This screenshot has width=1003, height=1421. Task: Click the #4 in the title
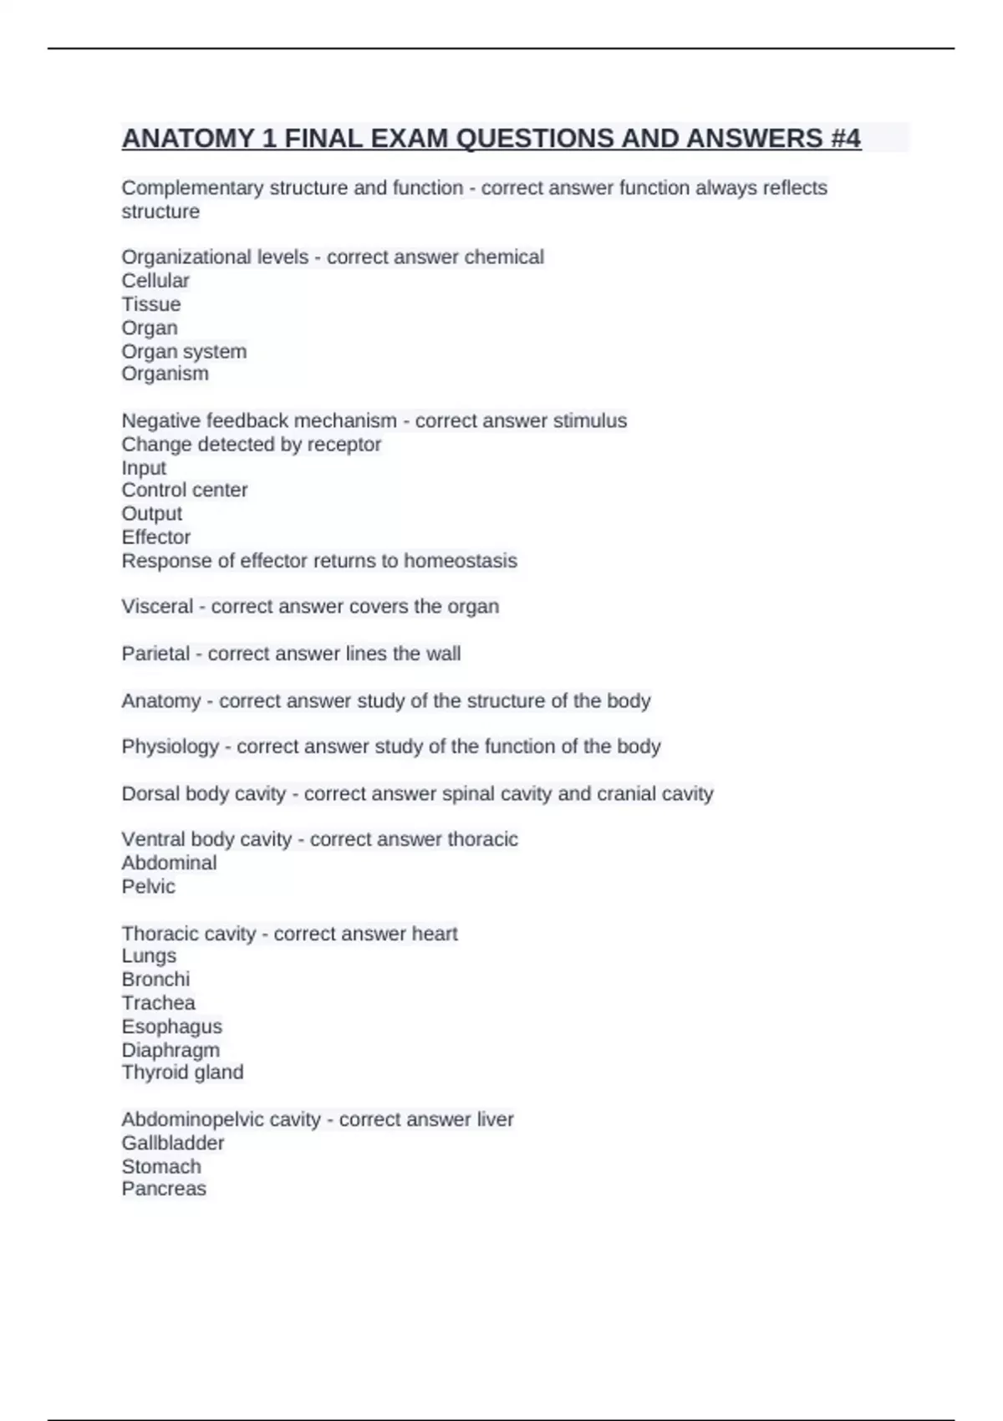pos(845,138)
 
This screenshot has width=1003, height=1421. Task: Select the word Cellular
pos(155,281)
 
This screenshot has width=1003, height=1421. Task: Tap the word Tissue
pos(151,304)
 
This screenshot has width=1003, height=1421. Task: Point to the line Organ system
pos(184,351)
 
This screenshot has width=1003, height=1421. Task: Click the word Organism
pos(165,374)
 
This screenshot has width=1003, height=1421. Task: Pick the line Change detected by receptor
pos(252,444)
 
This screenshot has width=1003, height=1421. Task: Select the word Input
pos(144,467)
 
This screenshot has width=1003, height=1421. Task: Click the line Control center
pos(185,490)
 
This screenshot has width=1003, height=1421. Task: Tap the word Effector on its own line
pos(156,537)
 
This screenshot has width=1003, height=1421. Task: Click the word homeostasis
pos(461,560)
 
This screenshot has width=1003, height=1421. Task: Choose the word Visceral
pos(157,606)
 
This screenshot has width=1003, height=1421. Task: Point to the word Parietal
pos(155,653)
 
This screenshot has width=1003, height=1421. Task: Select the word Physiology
pos(171,746)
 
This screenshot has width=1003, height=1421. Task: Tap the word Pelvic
pos(149,886)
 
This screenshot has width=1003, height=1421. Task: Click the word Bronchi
pos(155,979)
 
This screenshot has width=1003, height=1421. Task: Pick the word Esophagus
pos(172,1026)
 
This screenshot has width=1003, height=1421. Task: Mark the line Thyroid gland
pos(183,1072)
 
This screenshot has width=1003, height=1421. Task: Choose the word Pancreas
pos(164,1189)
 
